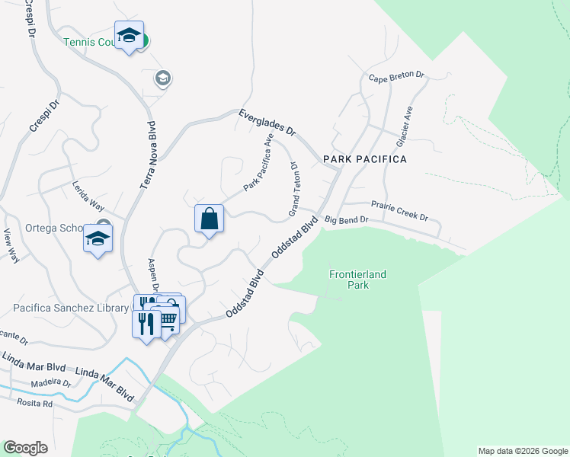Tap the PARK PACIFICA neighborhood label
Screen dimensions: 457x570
pos(364,159)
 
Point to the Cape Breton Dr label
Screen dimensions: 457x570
pos(395,78)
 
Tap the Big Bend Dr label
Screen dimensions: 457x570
pos(346,220)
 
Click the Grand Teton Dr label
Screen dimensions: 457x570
pos(293,188)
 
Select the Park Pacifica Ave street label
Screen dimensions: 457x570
pos(258,164)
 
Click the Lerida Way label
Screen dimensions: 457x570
pos(87,197)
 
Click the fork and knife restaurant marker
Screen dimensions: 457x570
pos(146,323)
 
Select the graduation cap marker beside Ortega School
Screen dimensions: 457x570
pos(98,239)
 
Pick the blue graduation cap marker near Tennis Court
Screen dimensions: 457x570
pos(130,35)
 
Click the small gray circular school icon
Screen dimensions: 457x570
pos(162,78)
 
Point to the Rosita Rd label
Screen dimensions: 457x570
pos(37,404)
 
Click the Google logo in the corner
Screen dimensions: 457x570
pos(26,448)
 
